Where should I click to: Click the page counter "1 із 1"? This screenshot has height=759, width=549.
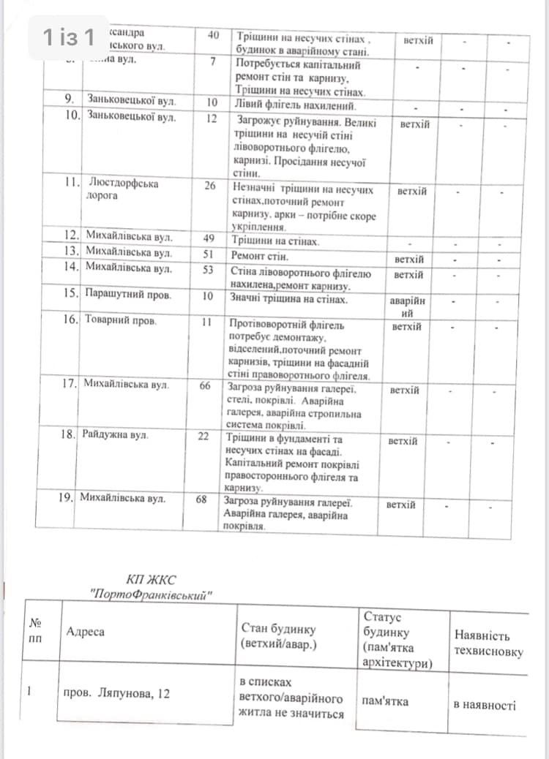coord(69,37)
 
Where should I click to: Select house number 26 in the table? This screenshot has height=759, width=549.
coord(210,186)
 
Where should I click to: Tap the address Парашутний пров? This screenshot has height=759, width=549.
coord(128,295)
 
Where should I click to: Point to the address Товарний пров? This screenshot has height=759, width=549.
coord(117,320)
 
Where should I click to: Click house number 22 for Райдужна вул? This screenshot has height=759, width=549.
coord(203,437)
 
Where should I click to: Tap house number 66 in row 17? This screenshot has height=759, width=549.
coord(204,385)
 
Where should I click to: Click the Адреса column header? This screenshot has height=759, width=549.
coord(85,631)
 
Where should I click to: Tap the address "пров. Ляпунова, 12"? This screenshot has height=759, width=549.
coord(117,692)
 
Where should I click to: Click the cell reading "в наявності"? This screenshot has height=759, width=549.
coord(485,705)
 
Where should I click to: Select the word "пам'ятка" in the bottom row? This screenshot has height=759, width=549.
coord(385,701)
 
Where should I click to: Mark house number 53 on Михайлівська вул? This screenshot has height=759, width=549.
coord(208,269)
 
